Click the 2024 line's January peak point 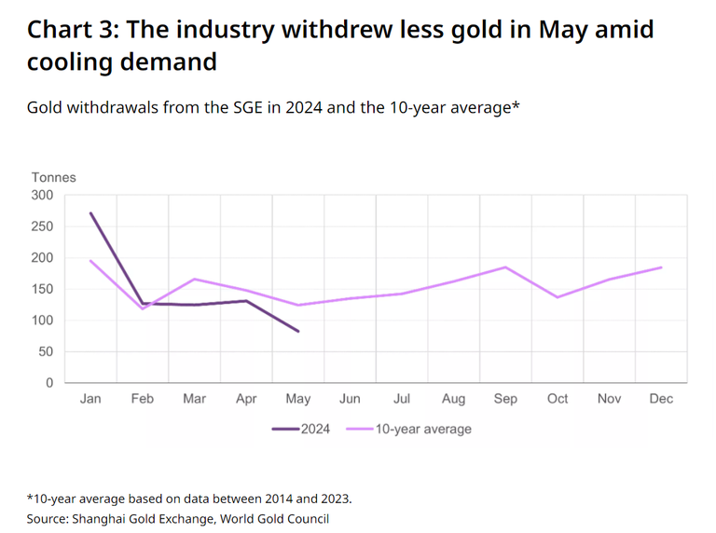pos(90,212)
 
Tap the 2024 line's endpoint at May pos(298,331)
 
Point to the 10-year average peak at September pos(505,267)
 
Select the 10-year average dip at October pos(558,297)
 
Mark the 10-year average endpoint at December pos(661,267)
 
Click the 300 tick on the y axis pos(43,195)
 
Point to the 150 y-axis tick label pos(43,289)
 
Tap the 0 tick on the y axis pos(49,383)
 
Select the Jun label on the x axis pos(350,399)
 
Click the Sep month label pos(505,399)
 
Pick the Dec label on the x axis pos(661,399)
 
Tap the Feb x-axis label pos(143,399)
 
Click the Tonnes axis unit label pos(54,177)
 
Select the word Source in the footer pos(48,519)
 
